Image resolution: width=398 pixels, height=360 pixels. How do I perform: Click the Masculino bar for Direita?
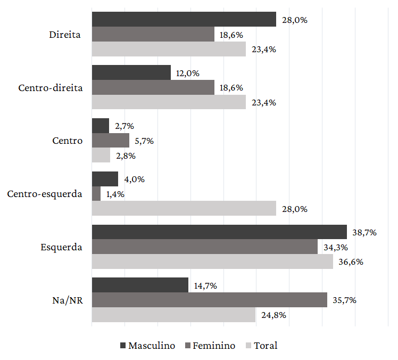pos(184,19)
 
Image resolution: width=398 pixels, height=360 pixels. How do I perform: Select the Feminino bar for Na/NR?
pos(209,300)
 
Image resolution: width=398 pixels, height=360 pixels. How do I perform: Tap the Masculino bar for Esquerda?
pos(219,232)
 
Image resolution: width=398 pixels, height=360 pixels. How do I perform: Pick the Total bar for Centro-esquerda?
pos(184,208)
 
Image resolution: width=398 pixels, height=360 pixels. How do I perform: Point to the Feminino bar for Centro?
pos(111,141)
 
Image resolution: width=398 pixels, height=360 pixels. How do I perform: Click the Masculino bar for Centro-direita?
pos(131,72)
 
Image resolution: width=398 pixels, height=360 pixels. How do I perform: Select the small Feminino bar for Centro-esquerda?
pos(96,194)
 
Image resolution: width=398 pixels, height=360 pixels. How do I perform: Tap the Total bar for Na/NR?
pos(173,315)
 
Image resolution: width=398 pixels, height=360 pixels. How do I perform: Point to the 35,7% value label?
pos(344,300)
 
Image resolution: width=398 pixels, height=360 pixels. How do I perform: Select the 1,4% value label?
pos(115,194)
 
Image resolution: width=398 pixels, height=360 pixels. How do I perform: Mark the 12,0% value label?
pos(187,73)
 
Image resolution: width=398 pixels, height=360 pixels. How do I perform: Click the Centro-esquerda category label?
pos(45,194)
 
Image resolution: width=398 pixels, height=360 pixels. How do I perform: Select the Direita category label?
pos(65,35)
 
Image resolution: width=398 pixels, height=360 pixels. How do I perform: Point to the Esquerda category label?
pos(62,247)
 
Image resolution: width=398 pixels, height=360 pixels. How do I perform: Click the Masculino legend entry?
pos(148,346)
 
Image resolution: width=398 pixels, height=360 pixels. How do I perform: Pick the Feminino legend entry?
pos(210,346)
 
